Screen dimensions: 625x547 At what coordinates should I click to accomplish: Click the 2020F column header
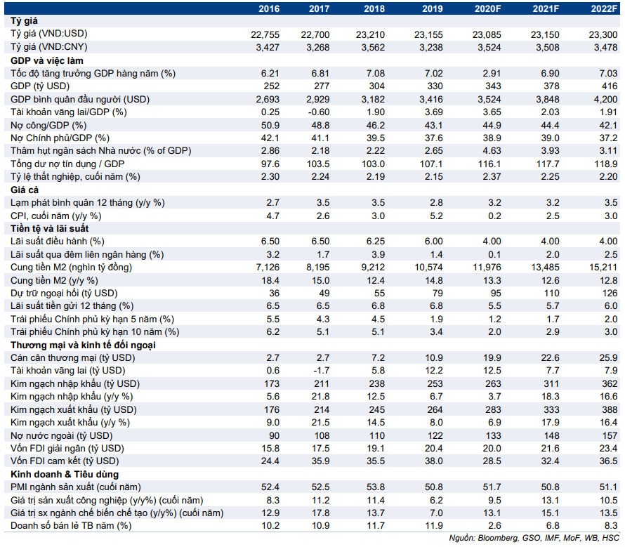click(487, 8)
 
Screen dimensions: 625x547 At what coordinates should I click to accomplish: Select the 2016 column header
click(269, 8)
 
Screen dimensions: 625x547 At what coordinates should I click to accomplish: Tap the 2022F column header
click(604, 8)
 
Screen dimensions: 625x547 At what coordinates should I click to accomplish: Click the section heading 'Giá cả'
click(25, 190)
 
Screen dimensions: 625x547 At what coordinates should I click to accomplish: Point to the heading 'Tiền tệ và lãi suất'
click(49, 228)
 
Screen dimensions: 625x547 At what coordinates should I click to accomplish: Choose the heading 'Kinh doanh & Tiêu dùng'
click(65, 474)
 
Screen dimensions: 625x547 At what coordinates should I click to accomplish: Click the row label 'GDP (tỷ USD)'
click(40, 86)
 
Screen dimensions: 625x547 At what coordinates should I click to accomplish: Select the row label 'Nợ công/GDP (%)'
click(48, 125)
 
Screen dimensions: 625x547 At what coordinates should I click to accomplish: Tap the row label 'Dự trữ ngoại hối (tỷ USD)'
click(64, 294)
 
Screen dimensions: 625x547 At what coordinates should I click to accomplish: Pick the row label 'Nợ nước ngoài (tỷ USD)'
click(62, 435)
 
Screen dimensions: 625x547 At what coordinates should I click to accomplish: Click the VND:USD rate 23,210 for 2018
click(370, 34)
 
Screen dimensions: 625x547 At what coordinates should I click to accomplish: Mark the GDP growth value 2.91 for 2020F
click(492, 73)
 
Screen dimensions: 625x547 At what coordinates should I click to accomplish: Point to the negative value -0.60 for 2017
click(319, 112)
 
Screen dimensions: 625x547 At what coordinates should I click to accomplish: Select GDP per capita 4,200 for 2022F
click(606, 99)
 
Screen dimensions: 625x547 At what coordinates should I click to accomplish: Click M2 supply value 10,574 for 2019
click(428, 267)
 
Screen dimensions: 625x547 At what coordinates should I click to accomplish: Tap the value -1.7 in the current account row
click(322, 370)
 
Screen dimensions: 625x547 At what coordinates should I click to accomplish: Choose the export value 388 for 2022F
click(610, 409)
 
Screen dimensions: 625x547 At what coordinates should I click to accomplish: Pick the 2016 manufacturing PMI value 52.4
click(270, 487)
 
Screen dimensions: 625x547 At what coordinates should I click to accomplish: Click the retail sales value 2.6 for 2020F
click(494, 525)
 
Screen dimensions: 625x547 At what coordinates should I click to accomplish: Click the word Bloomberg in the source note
click(497, 539)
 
